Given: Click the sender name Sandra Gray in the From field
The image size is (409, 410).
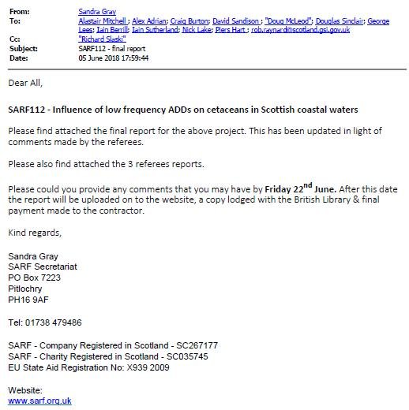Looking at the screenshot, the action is coord(98,12).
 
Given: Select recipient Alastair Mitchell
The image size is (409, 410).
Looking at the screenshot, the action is coord(106,21).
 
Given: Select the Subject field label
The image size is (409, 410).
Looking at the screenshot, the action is coord(21,47).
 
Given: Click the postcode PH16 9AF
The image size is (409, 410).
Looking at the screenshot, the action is coord(28,300).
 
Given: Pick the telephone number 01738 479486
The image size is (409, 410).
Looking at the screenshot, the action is coord(53,322).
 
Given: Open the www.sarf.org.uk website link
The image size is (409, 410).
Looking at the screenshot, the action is coord(39,401).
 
